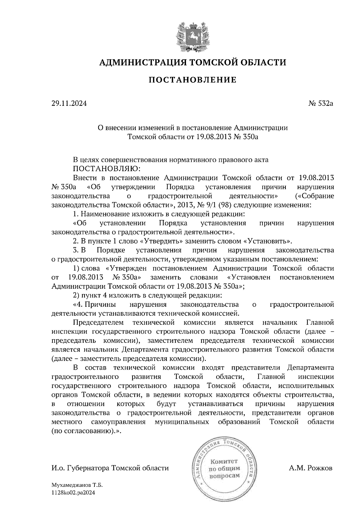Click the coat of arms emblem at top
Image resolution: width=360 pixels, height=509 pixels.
click(x=192, y=36)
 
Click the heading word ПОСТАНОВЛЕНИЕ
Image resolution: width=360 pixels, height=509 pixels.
click(x=192, y=80)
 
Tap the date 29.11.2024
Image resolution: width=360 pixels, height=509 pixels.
click(x=69, y=104)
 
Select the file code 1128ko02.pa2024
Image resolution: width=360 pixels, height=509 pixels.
click(x=73, y=492)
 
